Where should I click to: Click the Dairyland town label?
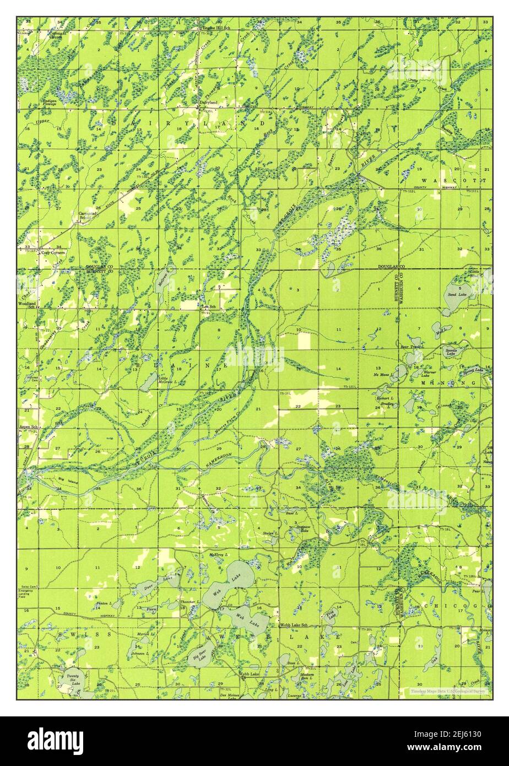tap(208, 103)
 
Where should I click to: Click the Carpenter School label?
tap(86, 215)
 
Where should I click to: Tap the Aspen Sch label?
tap(27, 428)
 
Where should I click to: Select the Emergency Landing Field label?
tap(26, 595)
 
